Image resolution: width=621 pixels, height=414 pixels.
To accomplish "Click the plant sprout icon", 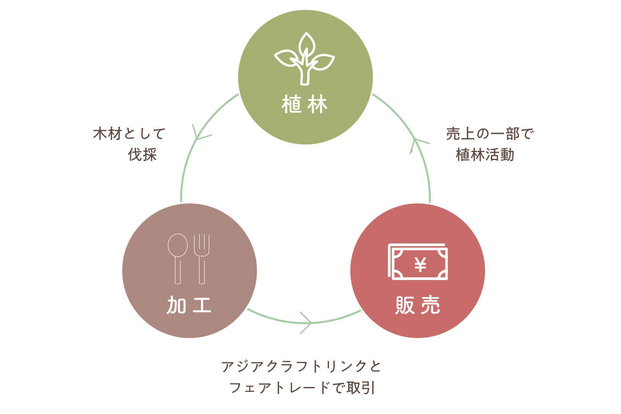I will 304,59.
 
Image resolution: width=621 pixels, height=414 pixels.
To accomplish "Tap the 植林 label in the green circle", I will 304,104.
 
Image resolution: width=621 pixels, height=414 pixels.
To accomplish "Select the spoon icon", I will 178,258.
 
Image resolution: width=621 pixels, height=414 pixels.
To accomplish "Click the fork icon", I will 202,258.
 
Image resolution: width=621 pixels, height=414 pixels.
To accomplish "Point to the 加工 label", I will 189,305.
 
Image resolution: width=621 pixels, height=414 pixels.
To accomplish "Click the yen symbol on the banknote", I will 420,264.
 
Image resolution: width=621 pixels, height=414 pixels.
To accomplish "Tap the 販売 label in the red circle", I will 418,305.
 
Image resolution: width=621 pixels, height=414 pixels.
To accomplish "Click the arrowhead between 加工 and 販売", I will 307,323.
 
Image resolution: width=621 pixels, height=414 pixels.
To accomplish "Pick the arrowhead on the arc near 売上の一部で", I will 416,143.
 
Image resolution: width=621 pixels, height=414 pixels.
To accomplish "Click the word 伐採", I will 142,155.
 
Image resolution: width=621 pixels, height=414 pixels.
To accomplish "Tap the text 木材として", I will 129,134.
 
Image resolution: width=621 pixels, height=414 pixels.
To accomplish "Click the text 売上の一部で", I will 490,134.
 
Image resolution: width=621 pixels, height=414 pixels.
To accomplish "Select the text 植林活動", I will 485,155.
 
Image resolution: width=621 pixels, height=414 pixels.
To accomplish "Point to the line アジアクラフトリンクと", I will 301,366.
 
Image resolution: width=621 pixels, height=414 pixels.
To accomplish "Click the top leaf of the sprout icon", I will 307,44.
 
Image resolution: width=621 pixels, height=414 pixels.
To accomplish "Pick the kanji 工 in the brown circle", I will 202,305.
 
